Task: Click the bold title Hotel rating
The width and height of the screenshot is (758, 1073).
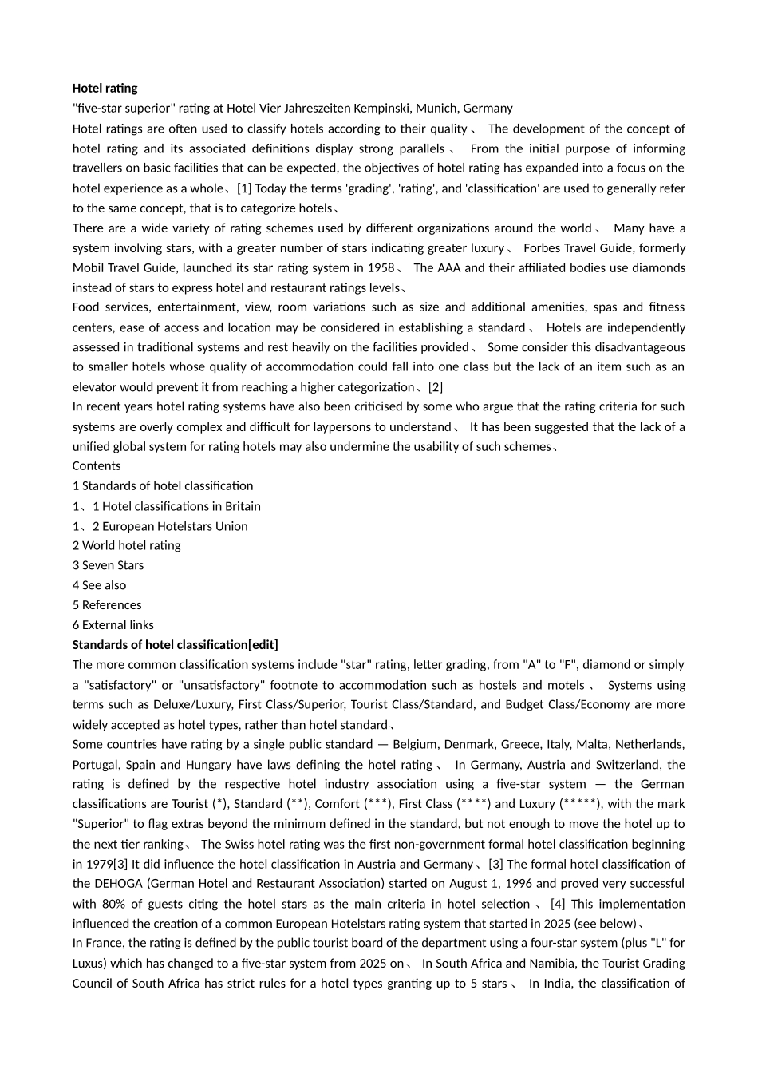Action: (105, 88)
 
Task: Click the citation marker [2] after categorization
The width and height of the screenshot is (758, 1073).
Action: (435, 386)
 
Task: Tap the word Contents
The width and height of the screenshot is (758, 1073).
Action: (97, 465)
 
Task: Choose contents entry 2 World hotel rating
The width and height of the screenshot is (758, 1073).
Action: (126, 545)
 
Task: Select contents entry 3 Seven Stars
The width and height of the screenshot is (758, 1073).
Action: (108, 565)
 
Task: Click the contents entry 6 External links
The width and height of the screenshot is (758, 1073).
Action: (113, 625)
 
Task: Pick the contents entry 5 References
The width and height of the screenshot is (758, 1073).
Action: (107, 605)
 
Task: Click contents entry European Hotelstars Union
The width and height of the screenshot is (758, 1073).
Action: (175, 526)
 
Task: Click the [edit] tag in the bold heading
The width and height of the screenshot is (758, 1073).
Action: (263, 644)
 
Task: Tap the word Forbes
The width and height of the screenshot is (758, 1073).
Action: (543, 247)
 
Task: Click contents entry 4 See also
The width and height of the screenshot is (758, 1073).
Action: (99, 585)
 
